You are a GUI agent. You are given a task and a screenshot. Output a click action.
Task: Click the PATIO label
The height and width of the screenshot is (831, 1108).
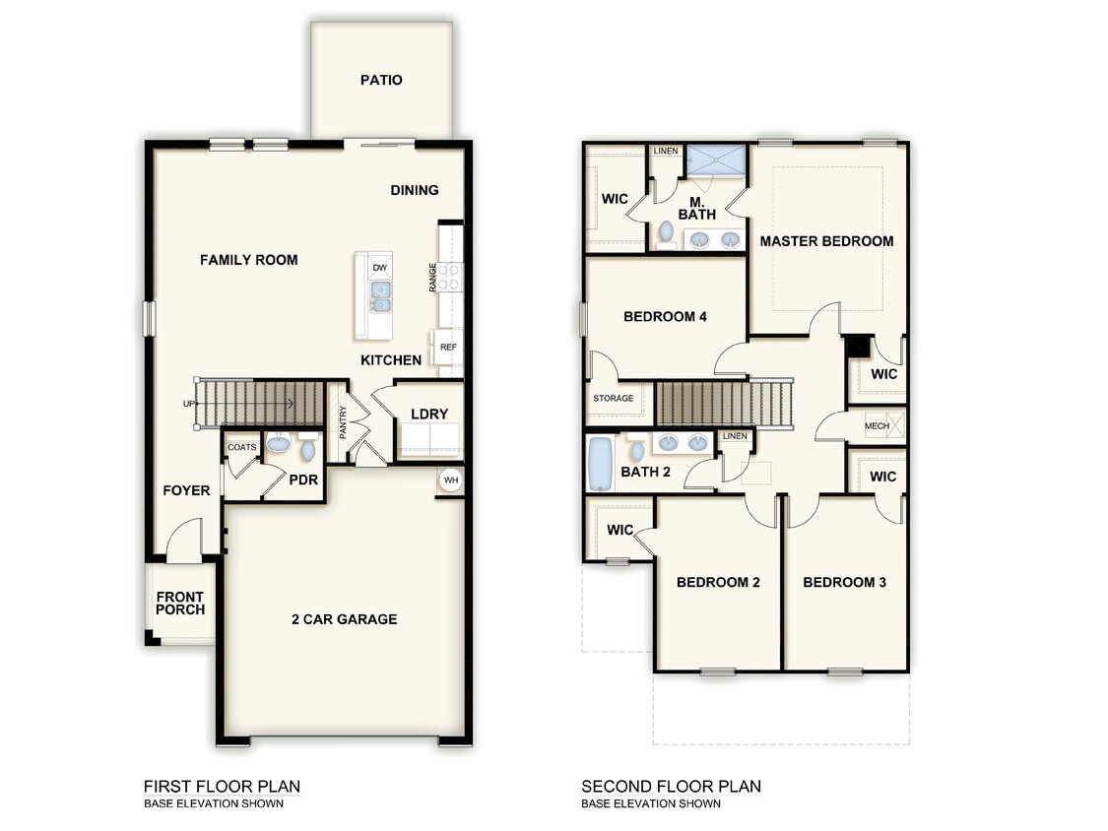381,80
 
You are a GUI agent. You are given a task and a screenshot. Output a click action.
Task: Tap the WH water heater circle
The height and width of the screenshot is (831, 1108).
451,480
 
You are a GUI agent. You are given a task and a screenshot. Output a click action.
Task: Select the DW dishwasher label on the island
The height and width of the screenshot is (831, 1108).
379,268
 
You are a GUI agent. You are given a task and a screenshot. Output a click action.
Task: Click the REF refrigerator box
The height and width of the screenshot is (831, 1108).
448,347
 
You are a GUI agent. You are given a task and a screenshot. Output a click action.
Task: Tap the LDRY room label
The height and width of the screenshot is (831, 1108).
429,414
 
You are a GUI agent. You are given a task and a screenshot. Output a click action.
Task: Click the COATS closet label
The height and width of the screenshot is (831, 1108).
242,447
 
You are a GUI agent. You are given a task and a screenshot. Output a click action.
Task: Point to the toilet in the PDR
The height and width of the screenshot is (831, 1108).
307,451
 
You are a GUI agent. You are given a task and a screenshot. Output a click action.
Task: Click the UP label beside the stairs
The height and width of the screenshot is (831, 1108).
188,404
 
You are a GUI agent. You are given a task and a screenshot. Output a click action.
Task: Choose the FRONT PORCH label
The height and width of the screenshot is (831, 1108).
180,603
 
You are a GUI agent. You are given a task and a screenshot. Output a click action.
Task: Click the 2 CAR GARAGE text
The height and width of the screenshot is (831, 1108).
344,619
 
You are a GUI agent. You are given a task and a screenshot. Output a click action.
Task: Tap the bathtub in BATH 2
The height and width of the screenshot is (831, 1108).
599,465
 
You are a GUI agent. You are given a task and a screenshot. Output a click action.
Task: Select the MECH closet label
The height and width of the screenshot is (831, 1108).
876,426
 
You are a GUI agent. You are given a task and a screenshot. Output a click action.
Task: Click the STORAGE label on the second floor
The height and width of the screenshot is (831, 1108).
613,399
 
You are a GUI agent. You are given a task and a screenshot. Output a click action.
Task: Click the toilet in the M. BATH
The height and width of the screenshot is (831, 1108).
666,233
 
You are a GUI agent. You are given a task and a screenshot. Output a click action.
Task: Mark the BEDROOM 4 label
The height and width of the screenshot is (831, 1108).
665,317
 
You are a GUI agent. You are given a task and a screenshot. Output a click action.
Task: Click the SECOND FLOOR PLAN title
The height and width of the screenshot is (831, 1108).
671,786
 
